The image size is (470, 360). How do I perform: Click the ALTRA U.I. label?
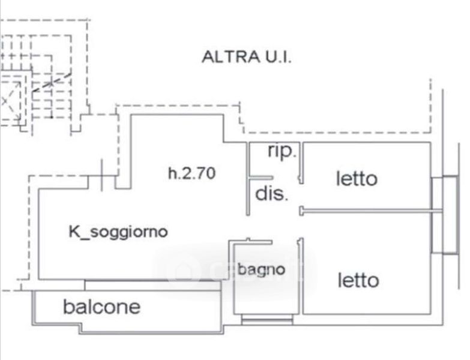[x=246, y=56]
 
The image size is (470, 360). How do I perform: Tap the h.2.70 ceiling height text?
[x=192, y=173]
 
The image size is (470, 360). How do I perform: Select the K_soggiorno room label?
[x=118, y=232]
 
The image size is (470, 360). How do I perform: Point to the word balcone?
[x=102, y=307]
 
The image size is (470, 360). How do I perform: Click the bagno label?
[x=261, y=270]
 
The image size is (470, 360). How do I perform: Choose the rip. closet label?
[x=282, y=151]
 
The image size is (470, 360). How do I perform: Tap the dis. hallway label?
[x=271, y=194]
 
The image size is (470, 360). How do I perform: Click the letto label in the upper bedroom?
[x=357, y=179]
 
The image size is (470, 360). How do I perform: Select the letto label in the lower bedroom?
[x=358, y=280]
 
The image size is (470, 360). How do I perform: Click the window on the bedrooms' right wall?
[x=445, y=215]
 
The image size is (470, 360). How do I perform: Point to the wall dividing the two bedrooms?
[x=371, y=211]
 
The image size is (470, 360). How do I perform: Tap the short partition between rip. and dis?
[x=261, y=178]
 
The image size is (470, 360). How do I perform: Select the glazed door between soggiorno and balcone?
[x=153, y=285]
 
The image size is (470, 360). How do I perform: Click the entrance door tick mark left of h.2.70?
[x=101, y=175]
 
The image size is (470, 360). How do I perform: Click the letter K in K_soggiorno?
[x=73, y=232]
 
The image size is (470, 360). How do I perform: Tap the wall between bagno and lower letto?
[x=301, y=276]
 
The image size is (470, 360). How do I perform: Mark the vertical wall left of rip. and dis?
[x=248, y=179]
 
